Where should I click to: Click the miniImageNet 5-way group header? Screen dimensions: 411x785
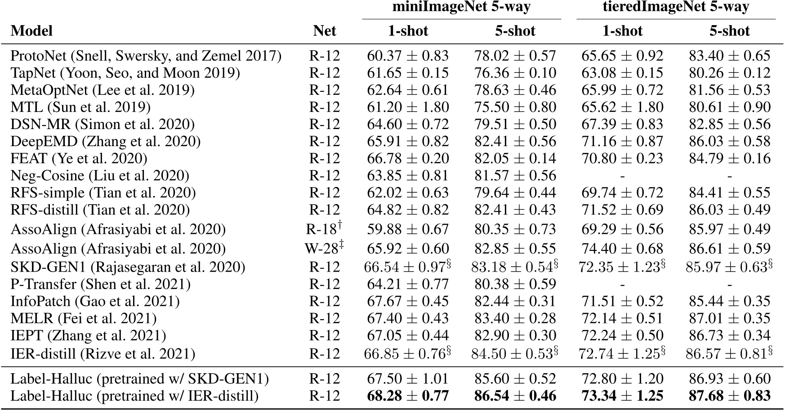(x=462, y=7)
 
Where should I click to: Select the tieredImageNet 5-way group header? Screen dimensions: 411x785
(x=676, y=7)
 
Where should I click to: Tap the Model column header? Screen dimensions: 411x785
(x=31, y=31)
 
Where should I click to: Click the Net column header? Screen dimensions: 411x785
(x=324, y=31)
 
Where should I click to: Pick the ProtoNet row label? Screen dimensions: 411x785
(x=146, y=56)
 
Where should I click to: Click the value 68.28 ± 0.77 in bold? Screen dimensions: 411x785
(x=408, y=396)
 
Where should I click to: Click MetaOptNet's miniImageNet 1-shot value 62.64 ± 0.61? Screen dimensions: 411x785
(x=408, y=90)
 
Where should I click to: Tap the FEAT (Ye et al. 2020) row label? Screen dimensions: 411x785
(x=79, y=158)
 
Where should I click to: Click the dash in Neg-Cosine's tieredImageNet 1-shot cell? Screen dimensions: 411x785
(x=622, y=176)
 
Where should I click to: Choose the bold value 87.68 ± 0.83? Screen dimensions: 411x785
(x=730, y=396)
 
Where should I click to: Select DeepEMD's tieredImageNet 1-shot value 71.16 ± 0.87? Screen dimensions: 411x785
(x=622, y=141)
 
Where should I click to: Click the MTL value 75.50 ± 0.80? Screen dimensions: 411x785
(x=515, y=107)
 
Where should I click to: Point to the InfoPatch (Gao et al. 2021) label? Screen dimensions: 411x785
(x=95, y=301)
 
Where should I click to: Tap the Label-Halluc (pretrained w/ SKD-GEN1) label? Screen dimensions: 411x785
(x=139, y=379)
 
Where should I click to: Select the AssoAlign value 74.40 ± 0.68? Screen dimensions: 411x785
(x=622, y=248)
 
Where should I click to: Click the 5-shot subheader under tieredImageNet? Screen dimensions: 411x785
(x=729, y=31)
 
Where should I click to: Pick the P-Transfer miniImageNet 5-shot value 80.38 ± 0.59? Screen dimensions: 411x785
(x=515, y=284)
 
